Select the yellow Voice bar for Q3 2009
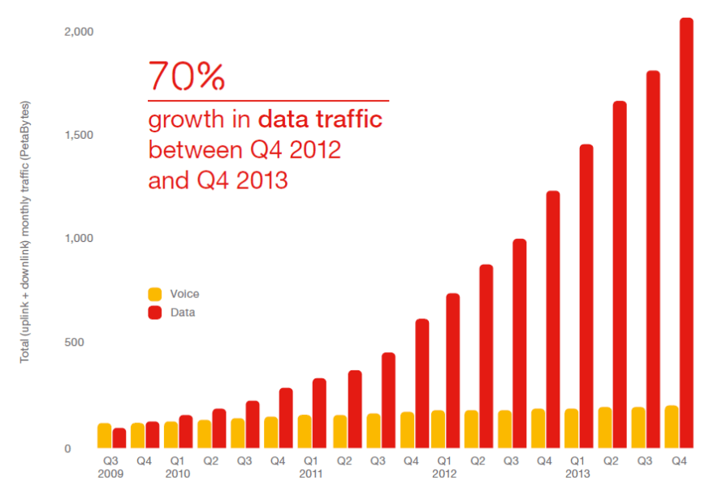[x=104, y=435]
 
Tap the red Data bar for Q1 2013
[x=586, y=296]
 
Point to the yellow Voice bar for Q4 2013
[x=672, y=426]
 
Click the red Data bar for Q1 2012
[x=453, y=370]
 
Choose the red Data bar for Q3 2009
[x=119, y=438]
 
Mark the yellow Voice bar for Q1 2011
[x=305, y=431]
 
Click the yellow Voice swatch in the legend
[x=153, y=294]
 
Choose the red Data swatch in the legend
[x=153, y=312]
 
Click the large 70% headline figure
[x=186, y=76]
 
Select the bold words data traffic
[x=320, y=121]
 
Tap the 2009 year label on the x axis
[x=111, y=473]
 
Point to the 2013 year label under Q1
[x=577, y=473]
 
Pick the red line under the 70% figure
[x=268, y=101]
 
